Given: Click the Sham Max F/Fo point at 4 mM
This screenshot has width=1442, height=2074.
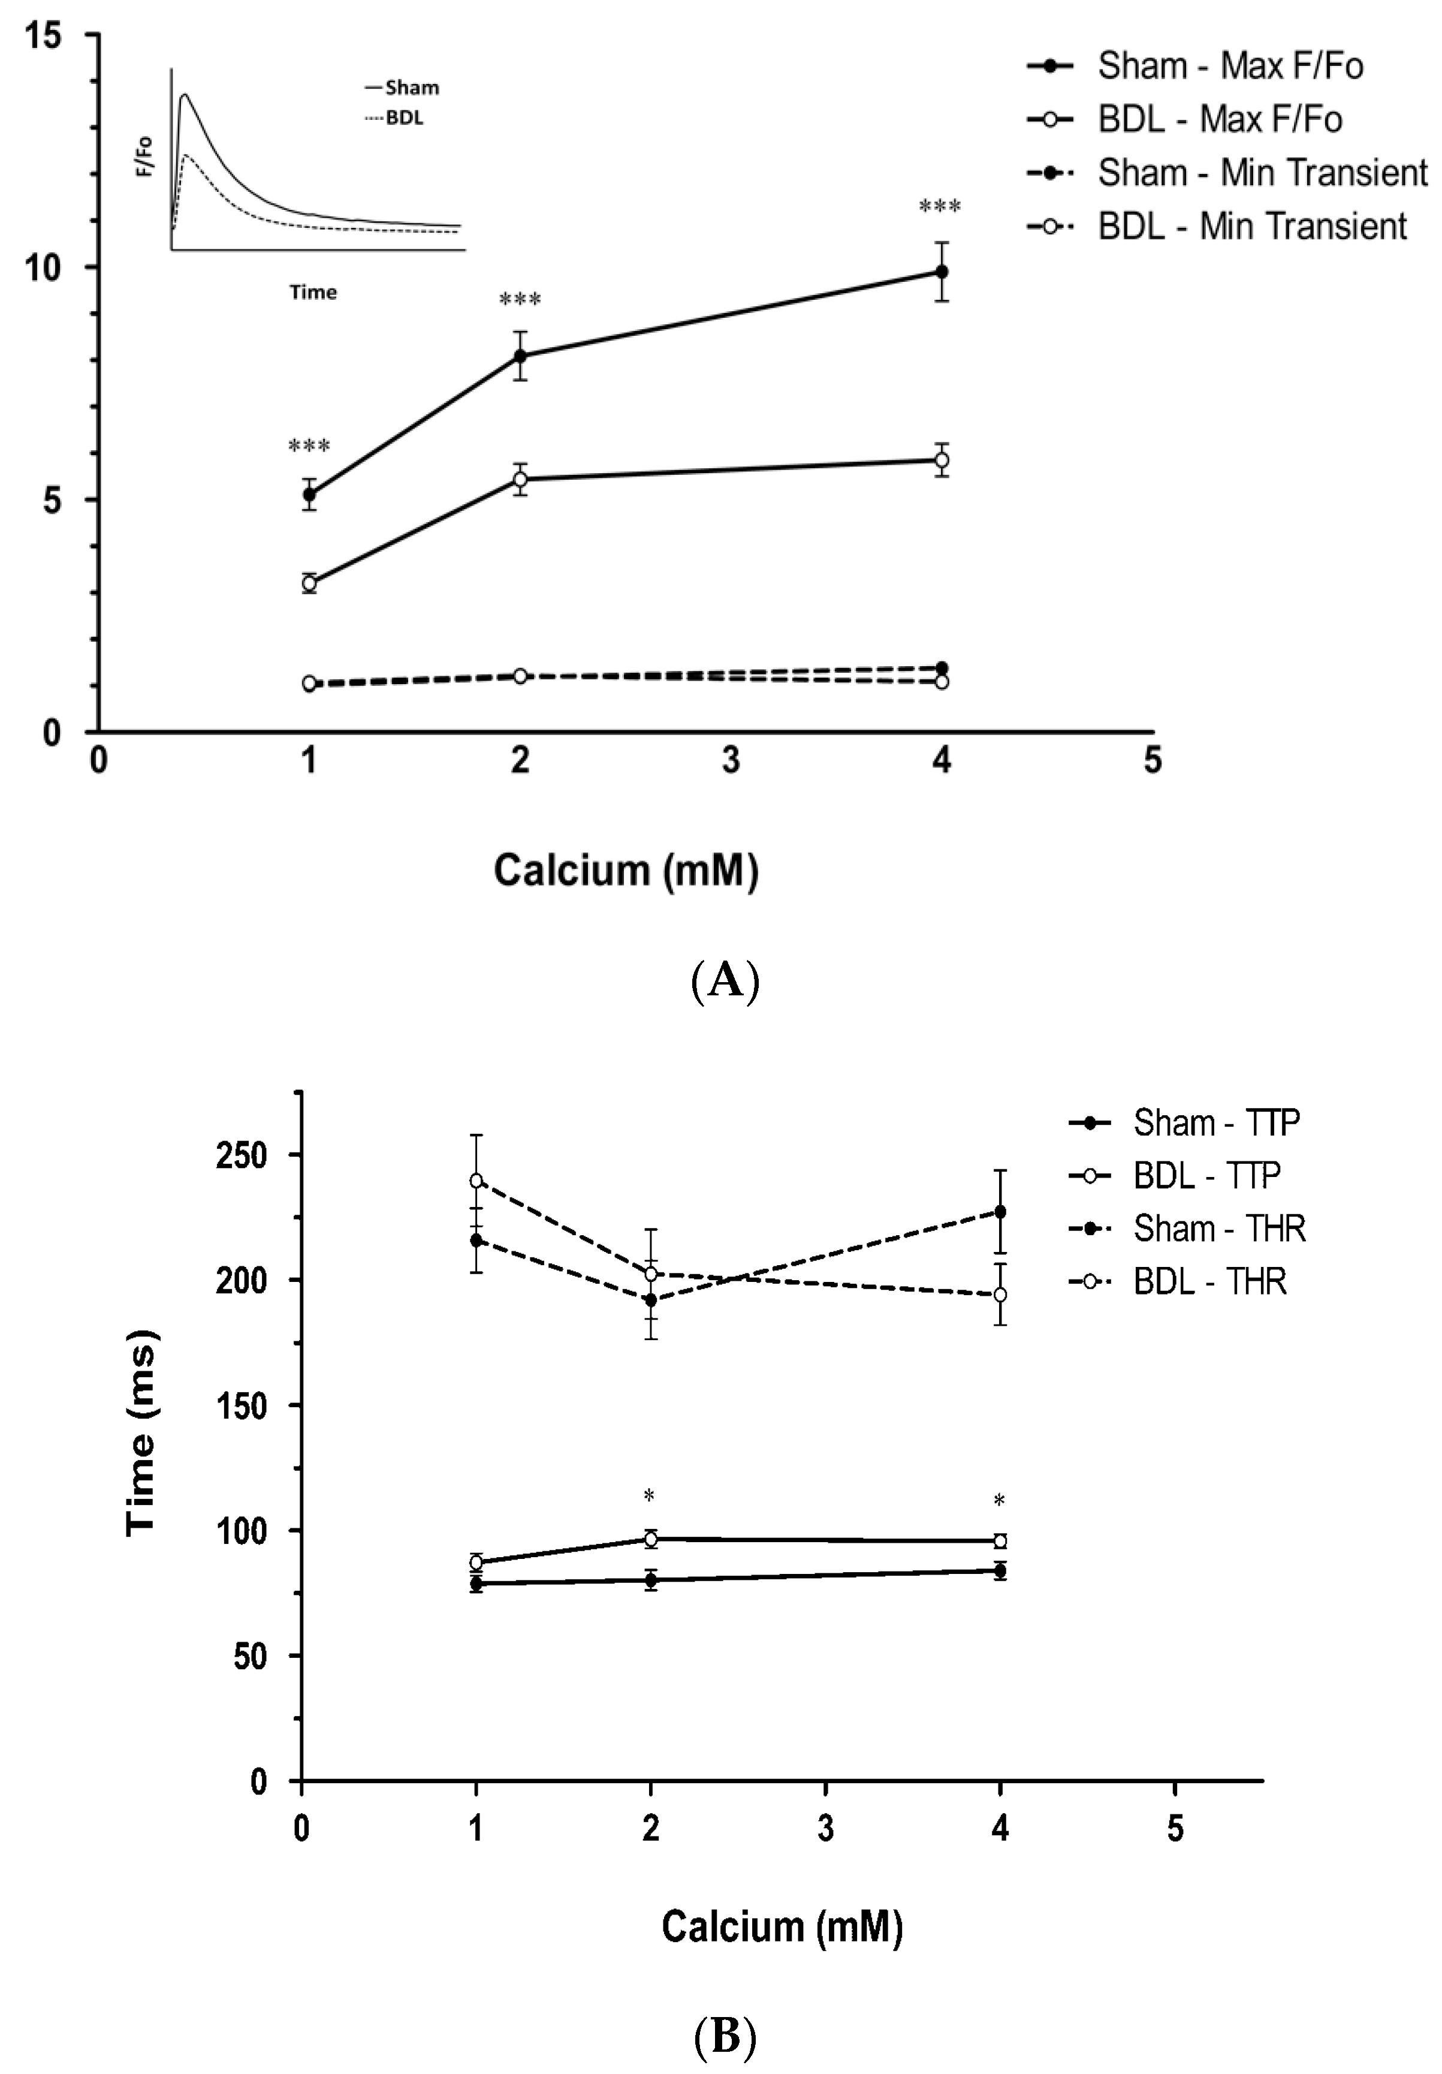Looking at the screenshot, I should click(x=941, y=271).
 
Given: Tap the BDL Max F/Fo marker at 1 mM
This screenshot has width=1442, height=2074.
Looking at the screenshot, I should click(x=309, y=583).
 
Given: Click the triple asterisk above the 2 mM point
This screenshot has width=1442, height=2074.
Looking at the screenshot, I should click(x=520, y=300).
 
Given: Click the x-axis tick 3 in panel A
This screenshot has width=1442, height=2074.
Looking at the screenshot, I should click(x=731, y=761).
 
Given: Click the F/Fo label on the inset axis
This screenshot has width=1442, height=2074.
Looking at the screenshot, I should click(x=144, y=155).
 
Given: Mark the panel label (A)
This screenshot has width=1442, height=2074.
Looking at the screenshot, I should click(x=724, y=979).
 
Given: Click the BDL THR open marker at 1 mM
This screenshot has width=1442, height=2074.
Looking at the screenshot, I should click(x=476, y=1181).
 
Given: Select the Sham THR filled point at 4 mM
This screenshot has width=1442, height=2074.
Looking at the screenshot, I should click(x=1000, y=1211).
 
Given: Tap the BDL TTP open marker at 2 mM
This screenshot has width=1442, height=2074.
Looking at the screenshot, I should click(x=650, y=1539).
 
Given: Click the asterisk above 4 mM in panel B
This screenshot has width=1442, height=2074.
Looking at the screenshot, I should click(x=998, y=1501).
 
